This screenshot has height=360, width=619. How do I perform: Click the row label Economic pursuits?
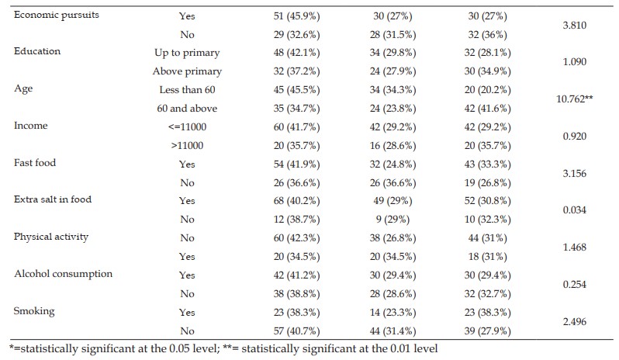coord(57,16)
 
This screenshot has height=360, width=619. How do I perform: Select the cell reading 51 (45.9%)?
coord(296,16)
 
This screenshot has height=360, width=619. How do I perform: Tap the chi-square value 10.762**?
coord(574,99)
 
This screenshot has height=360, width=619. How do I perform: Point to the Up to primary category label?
coord(187,53)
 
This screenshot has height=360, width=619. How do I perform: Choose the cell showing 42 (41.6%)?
coord(488,109)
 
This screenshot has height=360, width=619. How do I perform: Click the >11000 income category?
coord(187,146)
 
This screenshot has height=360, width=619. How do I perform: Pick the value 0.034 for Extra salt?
coord(574,210)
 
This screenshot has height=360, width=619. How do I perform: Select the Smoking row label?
coord(34,311)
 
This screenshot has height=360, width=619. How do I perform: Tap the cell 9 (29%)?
coord(392,220)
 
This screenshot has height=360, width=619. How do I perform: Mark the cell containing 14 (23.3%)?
coord(392,313)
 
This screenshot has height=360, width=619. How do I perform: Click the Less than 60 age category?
coord(187,90)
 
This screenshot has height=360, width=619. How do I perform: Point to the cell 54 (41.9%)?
coord(296,164)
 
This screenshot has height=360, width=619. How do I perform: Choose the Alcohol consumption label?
coord(63,274)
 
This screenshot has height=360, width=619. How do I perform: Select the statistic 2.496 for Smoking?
coord(574,322)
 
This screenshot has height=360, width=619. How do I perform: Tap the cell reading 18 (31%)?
coord(488,257)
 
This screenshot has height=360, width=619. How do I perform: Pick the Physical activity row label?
coord(51,237)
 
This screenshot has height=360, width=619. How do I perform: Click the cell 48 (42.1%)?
coord(296,53)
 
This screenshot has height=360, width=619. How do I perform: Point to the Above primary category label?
coord(187,71)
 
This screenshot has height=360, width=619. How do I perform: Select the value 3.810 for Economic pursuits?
coord(574,26)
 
